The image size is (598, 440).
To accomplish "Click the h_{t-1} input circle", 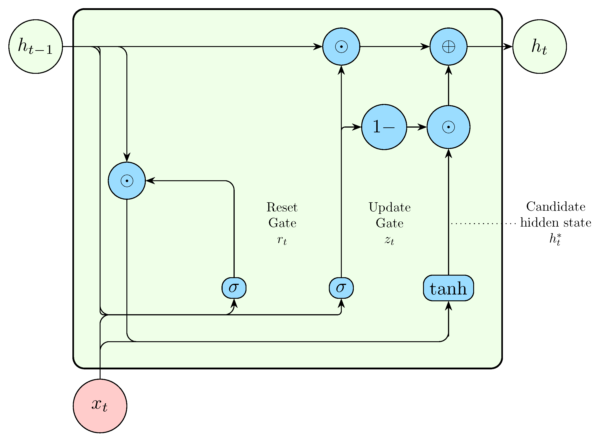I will tap(36, 47).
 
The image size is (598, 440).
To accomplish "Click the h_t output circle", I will tap(539, 47).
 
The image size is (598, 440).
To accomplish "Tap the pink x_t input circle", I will tap(100, 406).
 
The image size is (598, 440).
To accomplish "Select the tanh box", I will tap(448, 288).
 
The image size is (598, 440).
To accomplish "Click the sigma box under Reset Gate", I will tap(234, 288).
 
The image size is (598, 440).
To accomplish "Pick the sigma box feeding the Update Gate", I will tap(341, 288).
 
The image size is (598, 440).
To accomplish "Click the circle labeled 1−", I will tap(384, 127).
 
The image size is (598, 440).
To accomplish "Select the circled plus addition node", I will tap(448, 47).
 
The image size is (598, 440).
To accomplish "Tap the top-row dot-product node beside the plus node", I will tap(341, 47).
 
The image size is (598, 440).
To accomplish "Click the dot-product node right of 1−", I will tap(448, 127).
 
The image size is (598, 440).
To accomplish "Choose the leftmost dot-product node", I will tap(127, 181).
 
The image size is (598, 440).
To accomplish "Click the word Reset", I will tap(282, 208).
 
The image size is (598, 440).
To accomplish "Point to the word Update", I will tap(389, 208).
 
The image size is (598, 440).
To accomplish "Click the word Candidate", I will tap(556, 207).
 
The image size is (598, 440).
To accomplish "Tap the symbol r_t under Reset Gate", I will tap(282, 240).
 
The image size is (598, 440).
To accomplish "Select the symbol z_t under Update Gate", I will tap(389, 240).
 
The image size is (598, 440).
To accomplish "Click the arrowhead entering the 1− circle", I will tap(357, 127).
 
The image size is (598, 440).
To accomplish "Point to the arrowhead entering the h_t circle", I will tap(508, 47).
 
